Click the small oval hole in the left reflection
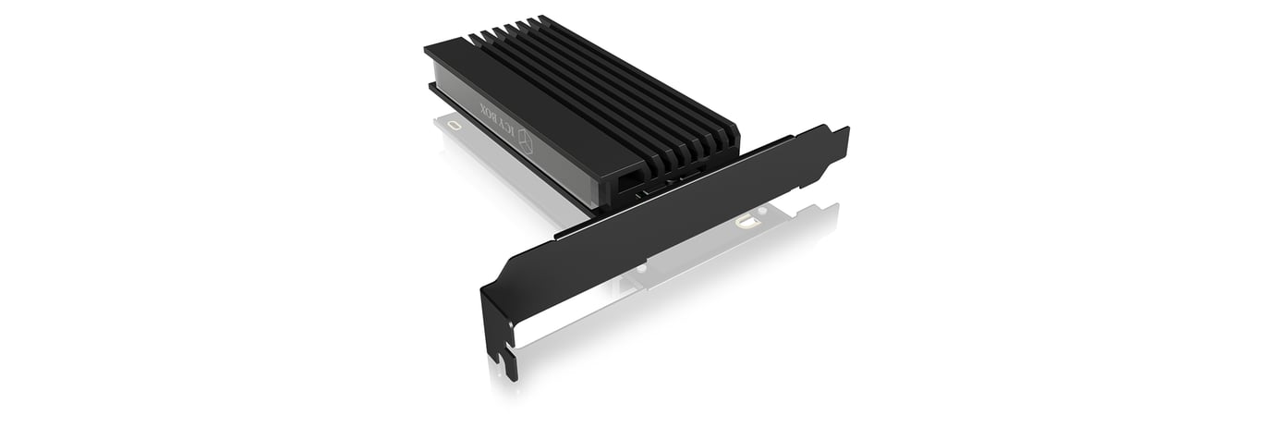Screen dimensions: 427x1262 click(x=453, y=124)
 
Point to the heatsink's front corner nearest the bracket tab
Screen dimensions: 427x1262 click(x=735, y=139)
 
